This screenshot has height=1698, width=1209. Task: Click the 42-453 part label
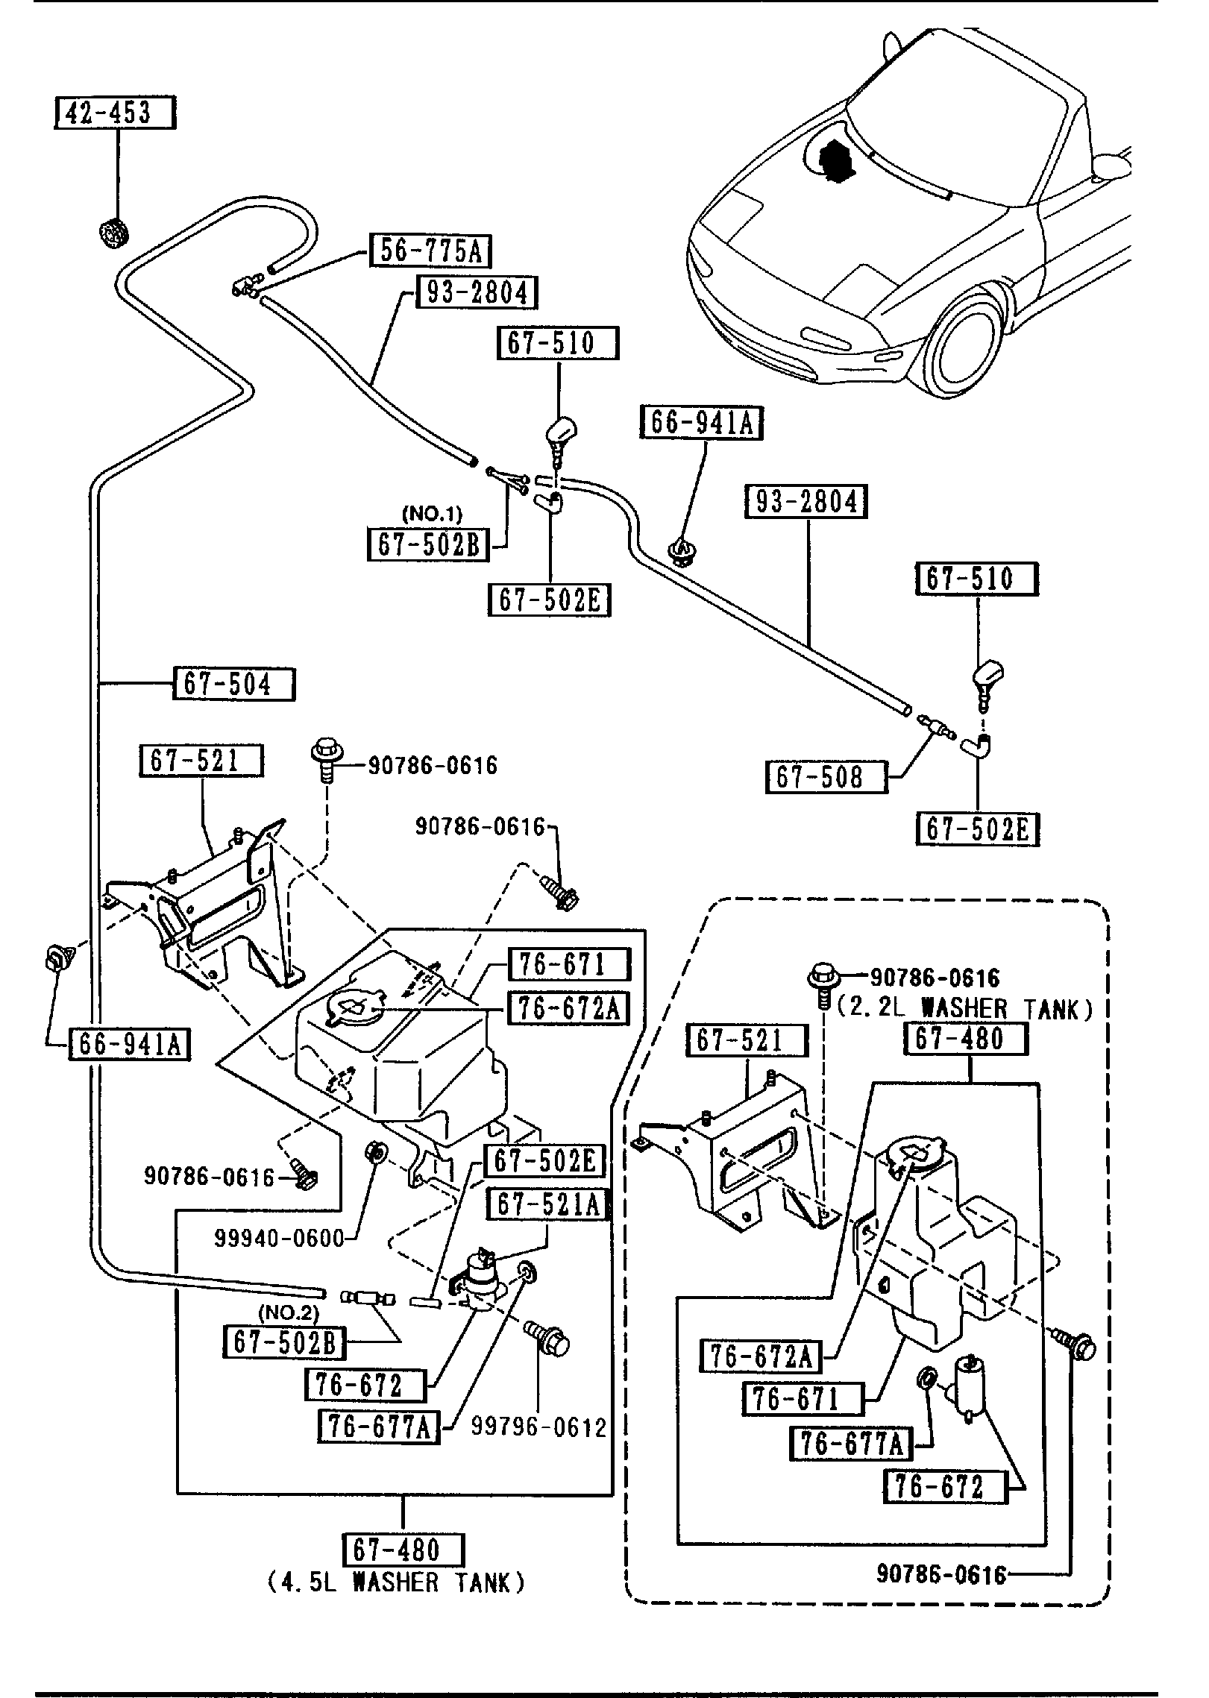[116, 113]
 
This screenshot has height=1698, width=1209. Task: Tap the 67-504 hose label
[233, 684]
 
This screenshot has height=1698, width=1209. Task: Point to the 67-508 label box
[826, 777]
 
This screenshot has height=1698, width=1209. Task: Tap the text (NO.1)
[432, 514]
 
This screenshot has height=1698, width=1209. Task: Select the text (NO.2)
[288, 1312]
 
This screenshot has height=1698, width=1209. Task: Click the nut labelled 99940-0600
[377, 1172]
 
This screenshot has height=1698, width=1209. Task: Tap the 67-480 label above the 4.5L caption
[403, 1550]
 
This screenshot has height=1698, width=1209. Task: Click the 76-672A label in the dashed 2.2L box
[760, 1356]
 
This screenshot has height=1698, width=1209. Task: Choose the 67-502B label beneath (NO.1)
[428, 544]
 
